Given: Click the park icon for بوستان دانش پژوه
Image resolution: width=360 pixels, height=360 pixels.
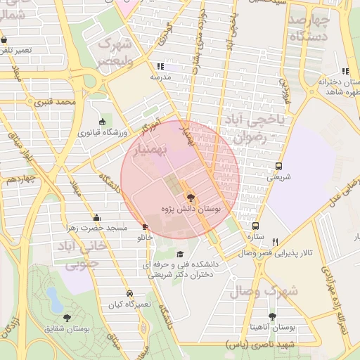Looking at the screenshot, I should click(191, 198).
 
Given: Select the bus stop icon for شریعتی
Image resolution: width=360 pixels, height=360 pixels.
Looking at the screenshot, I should click(279, 167).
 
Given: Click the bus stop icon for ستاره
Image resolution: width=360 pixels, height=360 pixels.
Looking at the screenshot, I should click(255, 226).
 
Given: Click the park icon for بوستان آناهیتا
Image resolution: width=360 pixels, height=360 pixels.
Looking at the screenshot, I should click(272, 316).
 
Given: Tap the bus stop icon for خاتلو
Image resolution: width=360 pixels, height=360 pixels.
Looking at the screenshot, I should click(146, 227).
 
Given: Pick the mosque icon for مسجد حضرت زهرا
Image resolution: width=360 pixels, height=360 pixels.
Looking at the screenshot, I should click(96, 217).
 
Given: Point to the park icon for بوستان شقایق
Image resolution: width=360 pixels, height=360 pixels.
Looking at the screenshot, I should click(67, 318).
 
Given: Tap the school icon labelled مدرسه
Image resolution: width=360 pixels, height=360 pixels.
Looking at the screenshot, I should click(160, 67).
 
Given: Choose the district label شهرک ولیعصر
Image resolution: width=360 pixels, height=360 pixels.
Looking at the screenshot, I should click(114, 52).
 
